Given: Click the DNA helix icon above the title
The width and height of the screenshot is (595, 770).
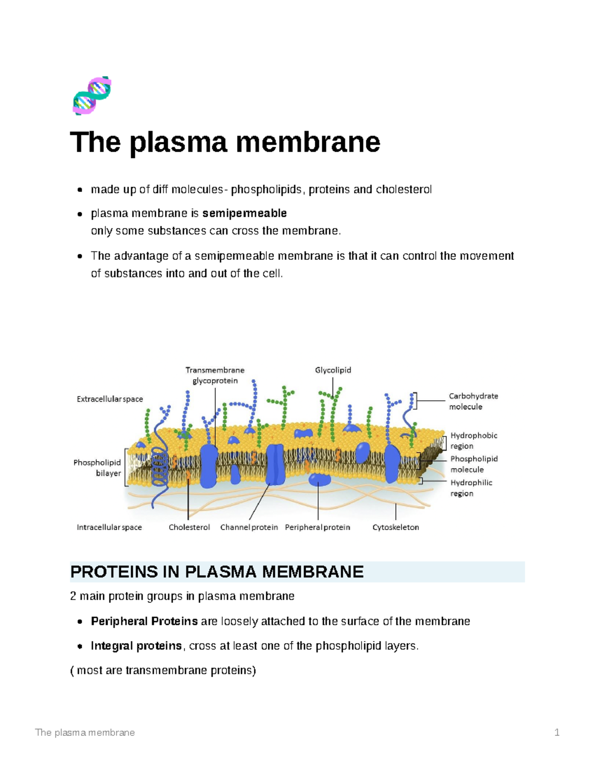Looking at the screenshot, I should click(x=92, y=96).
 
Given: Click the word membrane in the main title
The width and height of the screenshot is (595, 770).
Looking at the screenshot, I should click(x=307, y=142).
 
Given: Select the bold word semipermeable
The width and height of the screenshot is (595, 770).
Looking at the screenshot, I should click(x=244, y=213).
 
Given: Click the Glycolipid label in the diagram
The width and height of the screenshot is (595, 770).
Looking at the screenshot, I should click(x=333, y=370).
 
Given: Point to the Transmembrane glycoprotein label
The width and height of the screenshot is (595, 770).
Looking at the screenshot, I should click(x=215, y=375).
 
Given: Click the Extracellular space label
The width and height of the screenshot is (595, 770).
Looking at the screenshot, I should click(x=110, y=399).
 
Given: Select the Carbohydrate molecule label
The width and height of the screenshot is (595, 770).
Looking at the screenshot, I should click(x=473, y=401).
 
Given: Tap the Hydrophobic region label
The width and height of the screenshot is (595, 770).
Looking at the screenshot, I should click(x=474, y=440).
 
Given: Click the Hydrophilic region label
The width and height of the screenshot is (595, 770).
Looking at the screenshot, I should click(x=471, y=487).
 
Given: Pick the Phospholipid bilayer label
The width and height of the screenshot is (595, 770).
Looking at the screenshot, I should click(x=98, y=468).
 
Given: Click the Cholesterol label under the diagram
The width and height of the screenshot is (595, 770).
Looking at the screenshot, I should click(x=189, y=527).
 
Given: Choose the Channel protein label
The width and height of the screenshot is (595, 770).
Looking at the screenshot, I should click(x=249, y=527).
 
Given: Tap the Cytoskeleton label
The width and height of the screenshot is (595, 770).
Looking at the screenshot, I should click(x=396, y=527).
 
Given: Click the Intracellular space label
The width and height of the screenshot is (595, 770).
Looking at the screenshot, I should click(x=109, y=527).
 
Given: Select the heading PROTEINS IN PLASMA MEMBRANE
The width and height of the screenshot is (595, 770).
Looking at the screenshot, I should click(x=217, y=572).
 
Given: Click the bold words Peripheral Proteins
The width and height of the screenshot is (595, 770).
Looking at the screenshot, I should click(x=144, y=621).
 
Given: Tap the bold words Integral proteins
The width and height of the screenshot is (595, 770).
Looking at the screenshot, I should click(x=136, y=646).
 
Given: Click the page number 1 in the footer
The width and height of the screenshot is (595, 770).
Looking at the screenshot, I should click(x=557, y=732).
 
